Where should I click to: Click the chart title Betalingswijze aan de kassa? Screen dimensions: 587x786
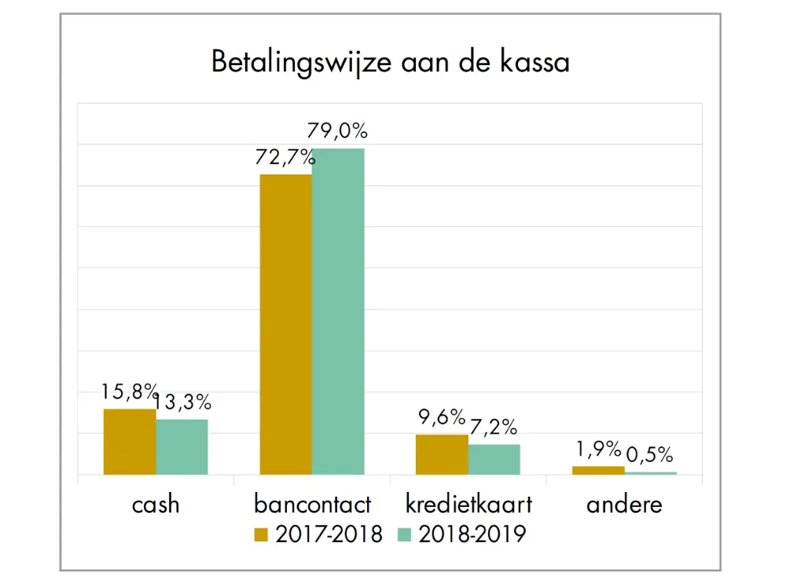[x=390, y=62]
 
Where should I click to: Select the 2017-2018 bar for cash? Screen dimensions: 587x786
[x=130, y=442]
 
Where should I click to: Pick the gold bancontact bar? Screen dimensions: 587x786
[x=285, y=324]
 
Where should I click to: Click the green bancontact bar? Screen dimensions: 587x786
[x=338, y=311]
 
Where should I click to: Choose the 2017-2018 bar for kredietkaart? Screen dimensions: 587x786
[x=442, y=454]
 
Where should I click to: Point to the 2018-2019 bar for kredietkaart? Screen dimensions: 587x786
[x=494, y=459]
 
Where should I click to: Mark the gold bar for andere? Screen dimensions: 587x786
[x=598, y=470]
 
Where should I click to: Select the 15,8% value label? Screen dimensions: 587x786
[x=130, y=391]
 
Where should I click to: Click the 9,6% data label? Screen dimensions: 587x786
[x=441, y=417]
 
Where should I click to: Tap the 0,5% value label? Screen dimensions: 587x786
[x=650, y=455]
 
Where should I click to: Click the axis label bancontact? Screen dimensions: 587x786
[x=312, y=504]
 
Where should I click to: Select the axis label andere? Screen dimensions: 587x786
[x=624, y=504]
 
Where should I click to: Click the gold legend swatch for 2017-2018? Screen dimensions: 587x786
[x=262, y=535]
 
